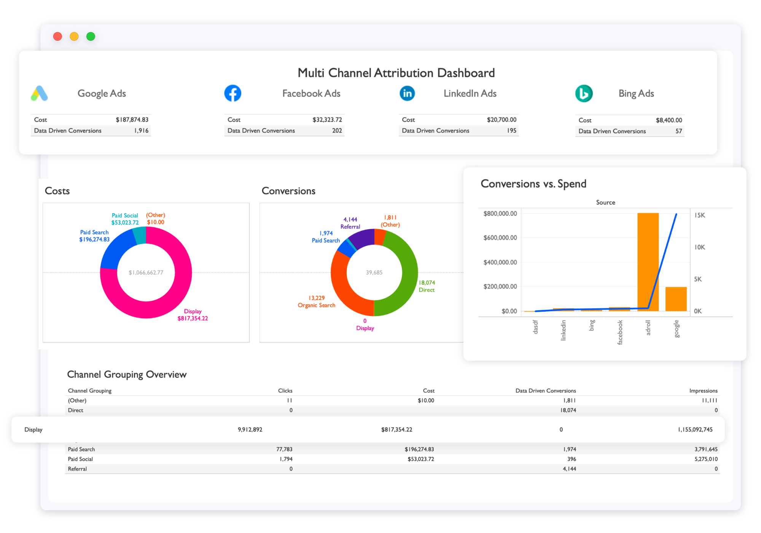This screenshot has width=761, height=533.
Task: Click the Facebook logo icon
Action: tap(232, 93)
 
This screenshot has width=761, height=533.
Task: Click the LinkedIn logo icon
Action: tap(407, 93)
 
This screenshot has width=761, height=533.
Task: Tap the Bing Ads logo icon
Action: tap(584, 93)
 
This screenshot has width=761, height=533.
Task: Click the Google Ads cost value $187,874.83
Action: tap(132, 120)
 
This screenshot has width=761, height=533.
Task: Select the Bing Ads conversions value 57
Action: tap(678, 131)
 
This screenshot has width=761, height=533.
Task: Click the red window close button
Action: tap(57, 37)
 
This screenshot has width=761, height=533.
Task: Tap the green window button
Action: tap(91, 37)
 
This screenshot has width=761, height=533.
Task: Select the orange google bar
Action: tap(676, 299)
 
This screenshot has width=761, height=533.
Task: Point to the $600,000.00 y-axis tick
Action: tap(500, 238)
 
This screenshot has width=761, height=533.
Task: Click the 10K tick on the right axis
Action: tap(699, 247)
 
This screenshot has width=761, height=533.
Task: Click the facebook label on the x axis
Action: tap(620, 332)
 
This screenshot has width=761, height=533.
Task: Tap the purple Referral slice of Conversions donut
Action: tap(361, 238)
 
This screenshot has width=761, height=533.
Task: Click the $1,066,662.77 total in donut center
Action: tap(146, 273)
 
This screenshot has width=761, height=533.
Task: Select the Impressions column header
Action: tap(703, 391)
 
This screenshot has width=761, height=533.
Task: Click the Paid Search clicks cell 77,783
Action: tap(284, 449)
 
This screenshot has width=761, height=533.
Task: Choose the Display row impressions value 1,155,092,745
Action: tap(695, 429)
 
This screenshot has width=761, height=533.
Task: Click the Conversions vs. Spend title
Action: tap(533, 184)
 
